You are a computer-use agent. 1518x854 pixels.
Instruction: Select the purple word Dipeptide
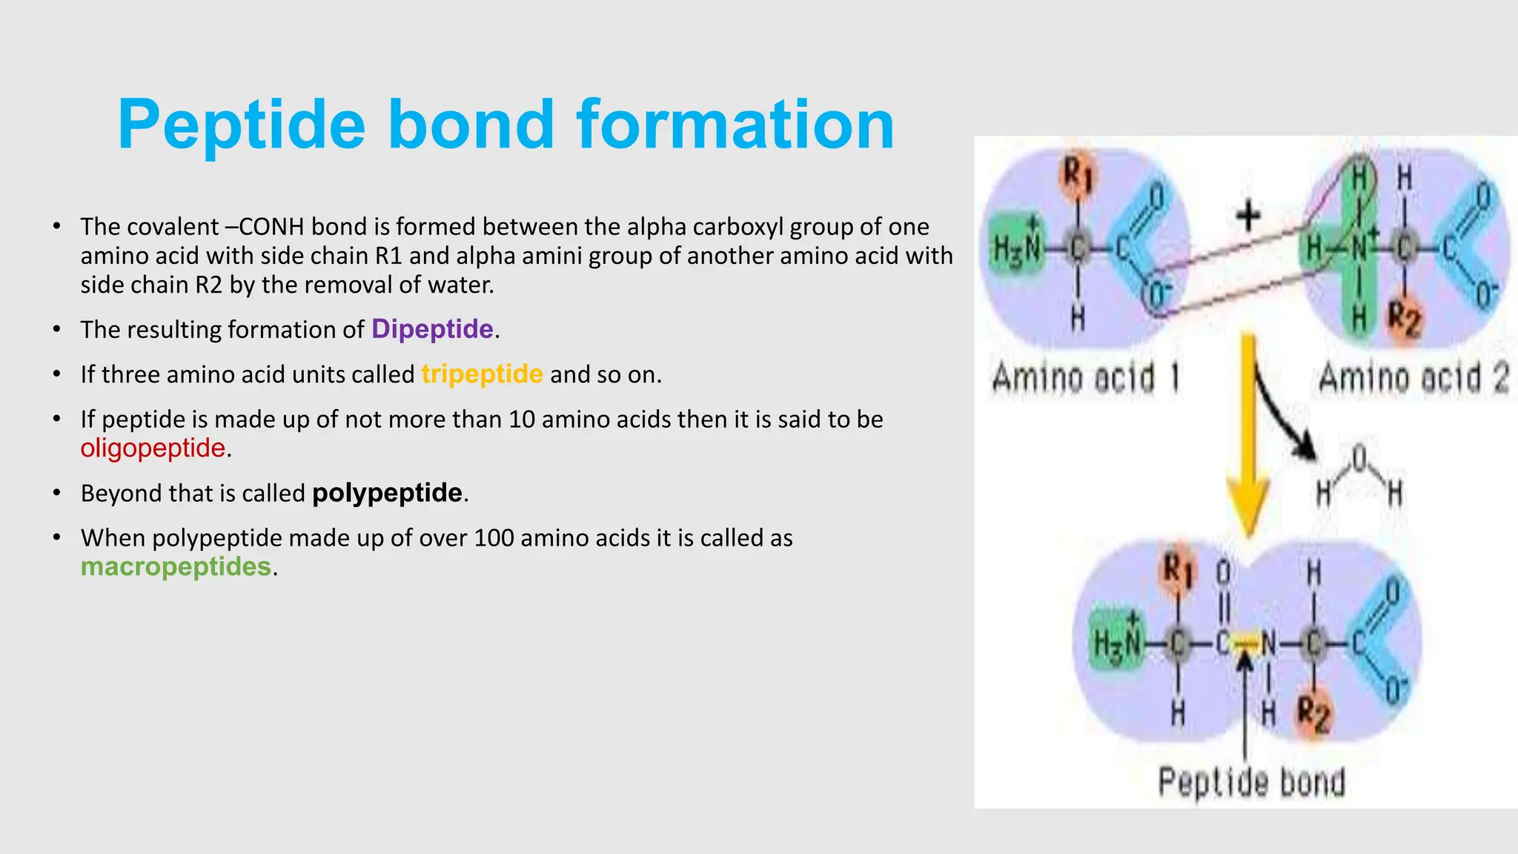coord(432,328)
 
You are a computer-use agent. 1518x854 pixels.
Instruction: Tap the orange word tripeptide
coord(482,374)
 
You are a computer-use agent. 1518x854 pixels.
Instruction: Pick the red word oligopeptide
coord(153,448)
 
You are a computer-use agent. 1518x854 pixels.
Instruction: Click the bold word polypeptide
coord(387,493)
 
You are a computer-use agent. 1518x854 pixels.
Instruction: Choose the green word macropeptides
coord(176,566)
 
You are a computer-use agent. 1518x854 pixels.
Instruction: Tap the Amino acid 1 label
coord(1084,378)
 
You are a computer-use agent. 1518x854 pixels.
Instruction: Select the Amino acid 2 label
coord(1413,378)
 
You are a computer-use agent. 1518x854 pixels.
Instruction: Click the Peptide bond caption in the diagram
coord(1251,782)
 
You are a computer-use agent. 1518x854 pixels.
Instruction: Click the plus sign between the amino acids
coord(1249,216)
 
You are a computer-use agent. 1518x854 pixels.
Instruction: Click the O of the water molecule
coord(1359,460)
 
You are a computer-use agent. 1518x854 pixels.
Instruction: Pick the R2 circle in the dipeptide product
coord(1313,713)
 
